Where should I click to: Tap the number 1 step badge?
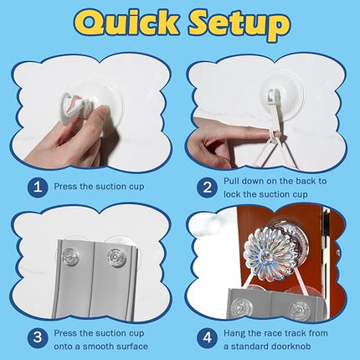38,187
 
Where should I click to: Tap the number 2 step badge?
207,188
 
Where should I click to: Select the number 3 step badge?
38,337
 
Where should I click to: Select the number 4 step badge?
207,337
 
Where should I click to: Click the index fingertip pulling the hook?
266,135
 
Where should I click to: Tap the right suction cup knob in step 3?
116,258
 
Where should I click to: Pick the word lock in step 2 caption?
232,194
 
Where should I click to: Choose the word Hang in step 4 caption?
234,333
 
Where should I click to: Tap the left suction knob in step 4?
240,308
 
